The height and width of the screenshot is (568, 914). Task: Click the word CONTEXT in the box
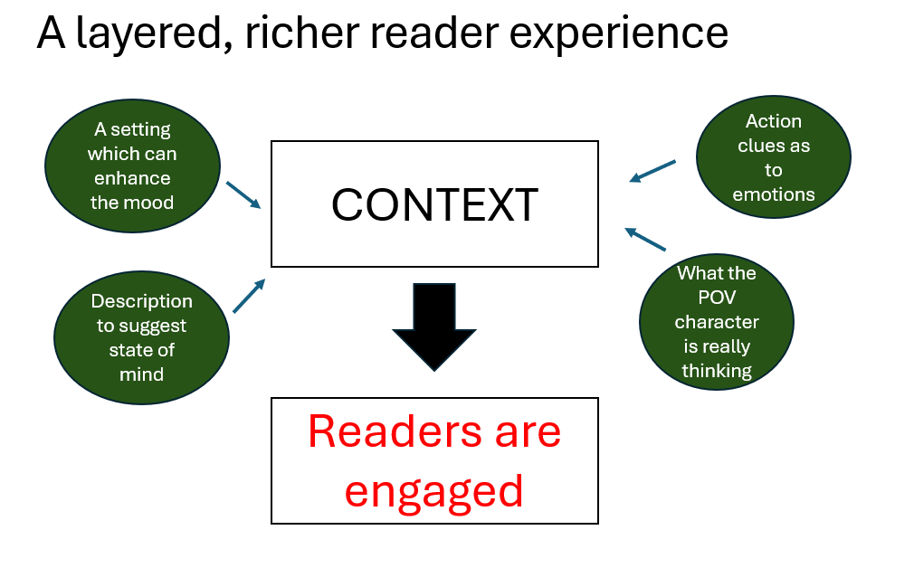click(x=434, y=204)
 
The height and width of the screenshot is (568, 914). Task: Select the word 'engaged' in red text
click(x=434, y=490)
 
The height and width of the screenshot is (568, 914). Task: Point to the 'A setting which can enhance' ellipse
click(x=132, y=166)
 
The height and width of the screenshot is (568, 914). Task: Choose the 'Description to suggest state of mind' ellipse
click(x=141, y=336)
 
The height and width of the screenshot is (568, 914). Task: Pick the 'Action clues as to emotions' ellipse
click(x=774, y=157)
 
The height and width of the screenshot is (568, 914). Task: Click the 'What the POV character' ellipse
click(x=717, y=322)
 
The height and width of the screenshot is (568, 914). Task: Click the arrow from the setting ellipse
click(x=243, y=194)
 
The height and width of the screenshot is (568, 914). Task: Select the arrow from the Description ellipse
click(x=249, y=296)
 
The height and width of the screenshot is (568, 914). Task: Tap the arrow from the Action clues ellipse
click(x=652, y=171)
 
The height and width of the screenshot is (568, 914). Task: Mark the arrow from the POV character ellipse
click(x=645, y=239)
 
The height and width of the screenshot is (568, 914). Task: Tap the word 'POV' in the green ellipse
click(x=717, y=297)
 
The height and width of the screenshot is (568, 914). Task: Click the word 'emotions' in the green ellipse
click(x=774, y=194)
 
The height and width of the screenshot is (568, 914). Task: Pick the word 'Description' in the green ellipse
click(x=141, y=301)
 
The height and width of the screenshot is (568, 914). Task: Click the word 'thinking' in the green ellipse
click(x=717, y=370)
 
